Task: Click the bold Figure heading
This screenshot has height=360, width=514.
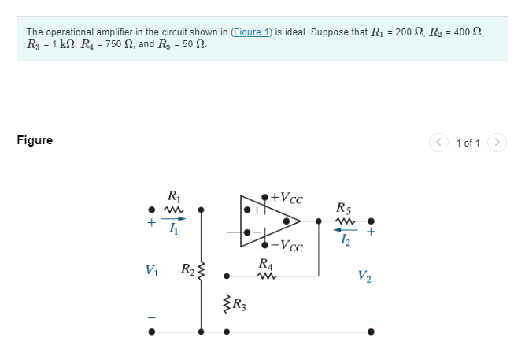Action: pyautogui.click(x=35, y=140)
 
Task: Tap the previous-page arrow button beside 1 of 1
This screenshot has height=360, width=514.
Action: pyautogui.click(x=438, y=143)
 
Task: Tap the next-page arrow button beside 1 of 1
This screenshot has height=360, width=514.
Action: pyautogui.click(x=496, y=143)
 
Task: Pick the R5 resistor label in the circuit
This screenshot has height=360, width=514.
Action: pyautogui.click(x=343, y=209)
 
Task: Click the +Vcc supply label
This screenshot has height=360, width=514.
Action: pyautogui.click(x=287, y=197)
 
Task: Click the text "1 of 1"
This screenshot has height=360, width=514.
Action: pyautogui.click(x=468, y=143)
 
